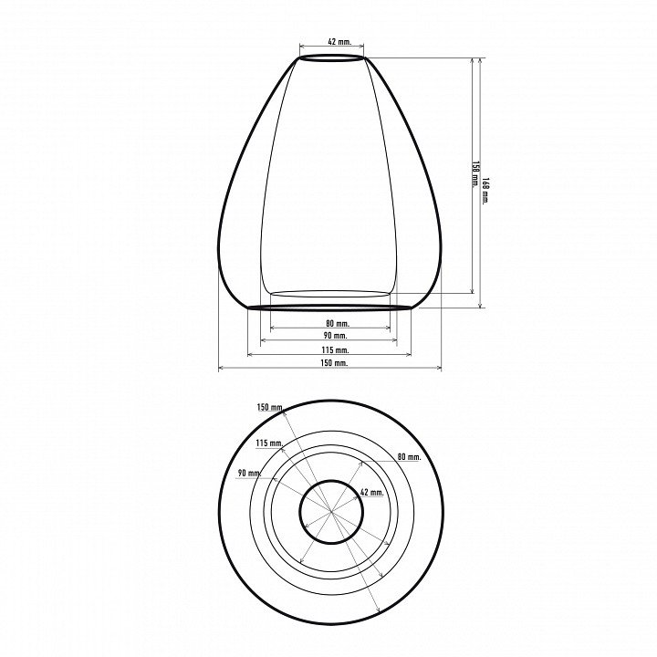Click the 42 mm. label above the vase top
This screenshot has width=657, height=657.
[339, 41]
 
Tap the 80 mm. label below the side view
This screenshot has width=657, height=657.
[338, 323]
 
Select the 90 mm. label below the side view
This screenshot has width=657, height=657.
[336, 336]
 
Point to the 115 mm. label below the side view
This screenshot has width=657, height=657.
[335, 349]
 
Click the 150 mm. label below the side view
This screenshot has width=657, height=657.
[334, 363]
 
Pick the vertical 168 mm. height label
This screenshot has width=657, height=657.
[485, 191]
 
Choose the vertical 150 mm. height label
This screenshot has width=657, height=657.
[475, 174]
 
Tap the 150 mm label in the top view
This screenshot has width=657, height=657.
[270, 407]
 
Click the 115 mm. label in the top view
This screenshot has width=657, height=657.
[270, 443]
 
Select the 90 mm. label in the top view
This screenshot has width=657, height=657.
[250, 473]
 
